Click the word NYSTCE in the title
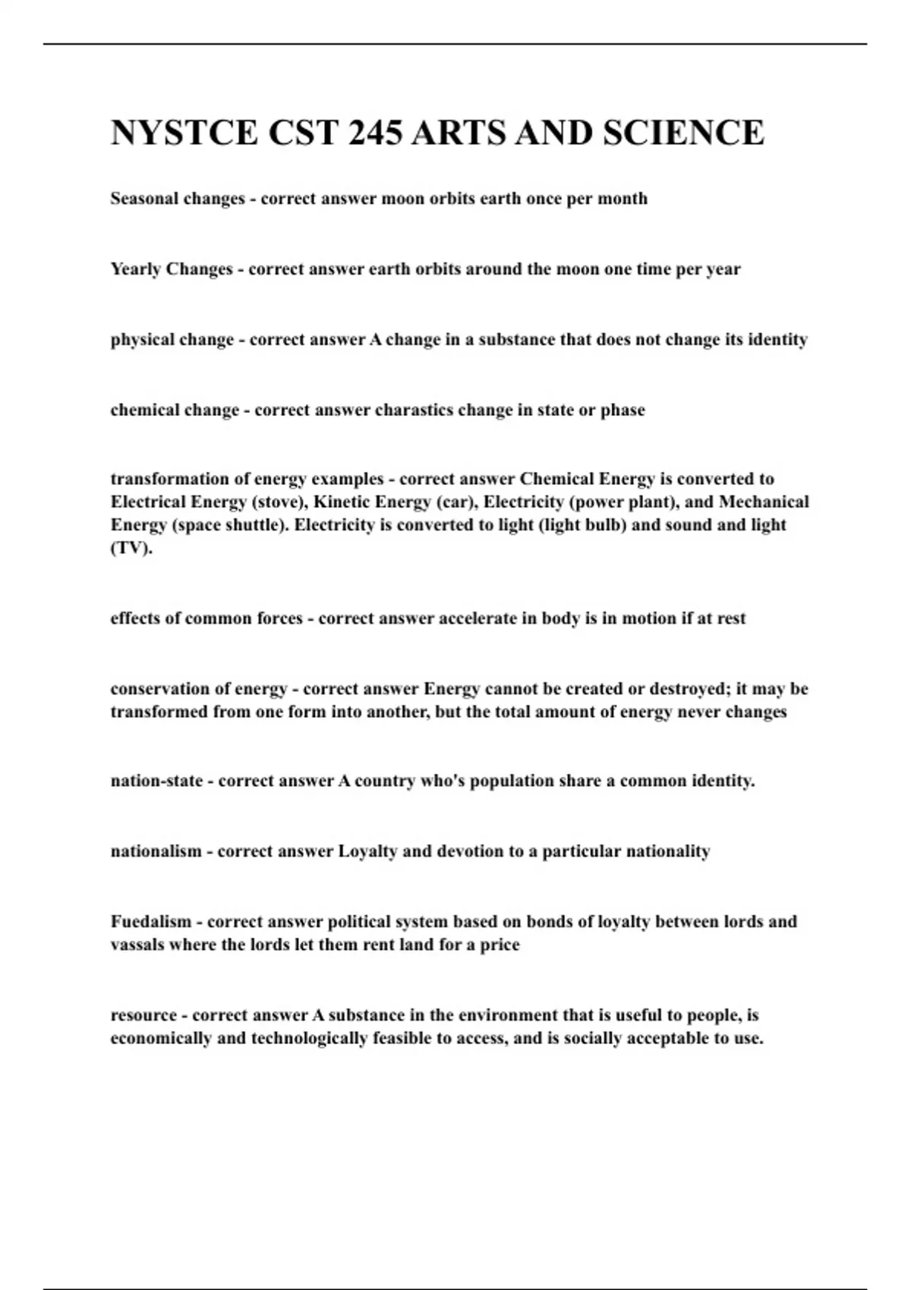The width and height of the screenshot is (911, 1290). point(184,133)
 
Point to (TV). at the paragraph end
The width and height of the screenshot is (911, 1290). point(131,548)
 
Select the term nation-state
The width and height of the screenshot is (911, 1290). point(156,781)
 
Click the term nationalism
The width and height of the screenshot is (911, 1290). point(156,851)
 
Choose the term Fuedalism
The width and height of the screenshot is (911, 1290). point(150,922)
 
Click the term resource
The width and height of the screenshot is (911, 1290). point(143,1015)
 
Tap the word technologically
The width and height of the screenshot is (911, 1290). point(309,1038)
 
